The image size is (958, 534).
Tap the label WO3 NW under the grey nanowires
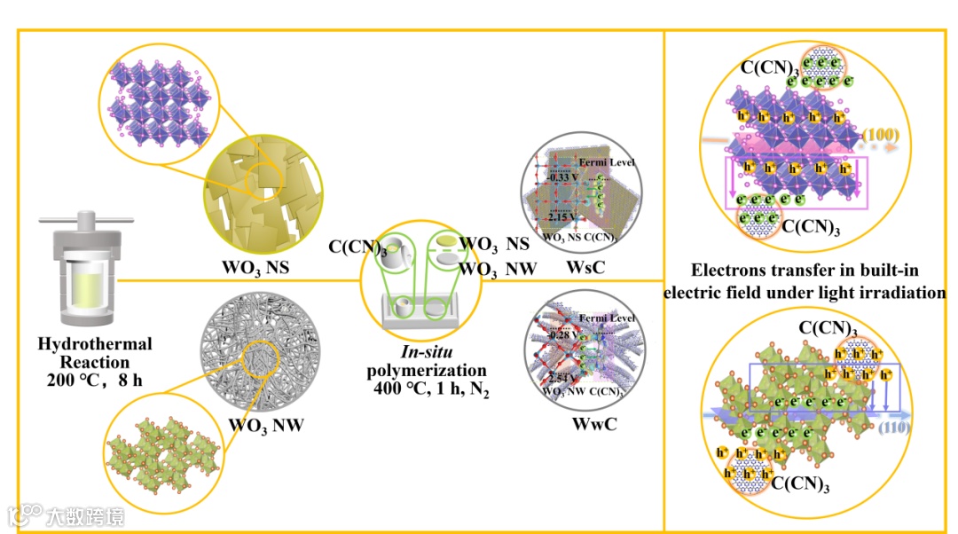coord(265,425)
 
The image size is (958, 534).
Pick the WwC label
coord(594,425)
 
